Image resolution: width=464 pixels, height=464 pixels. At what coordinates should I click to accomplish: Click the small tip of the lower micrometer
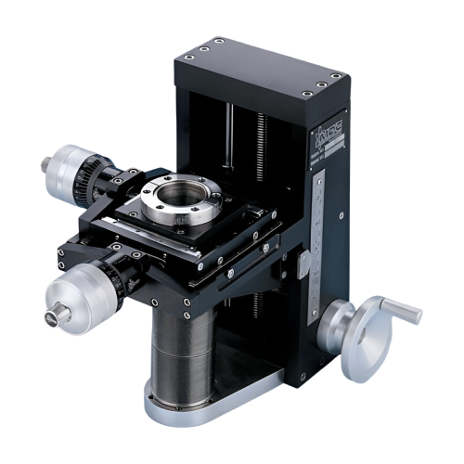pos(49,317)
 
